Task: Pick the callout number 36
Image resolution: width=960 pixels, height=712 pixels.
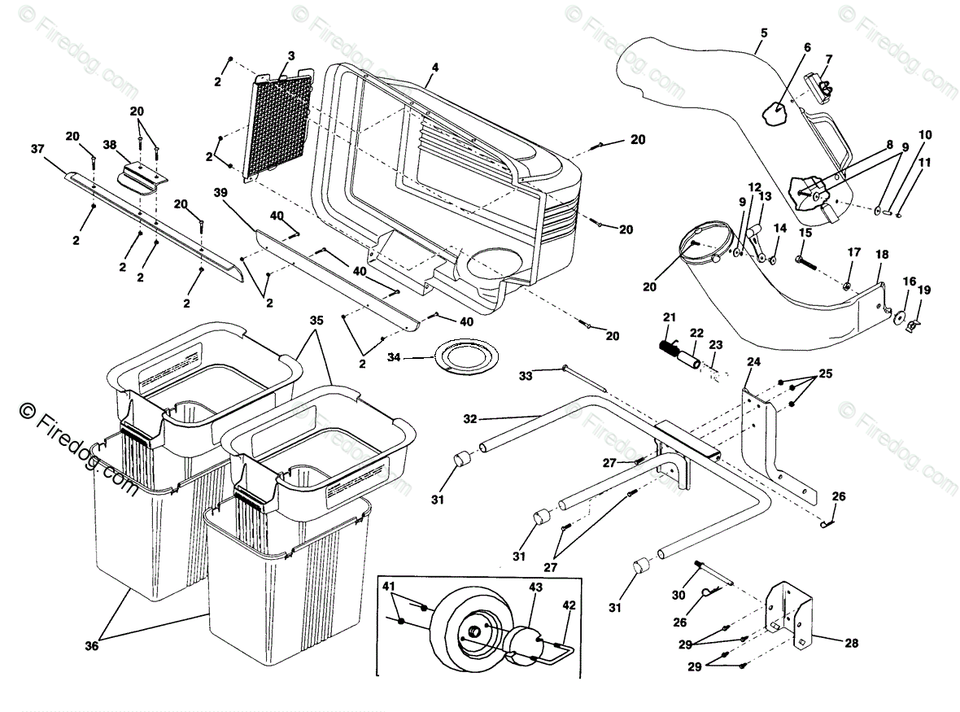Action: click(97, 646)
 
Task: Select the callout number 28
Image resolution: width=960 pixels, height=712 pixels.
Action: click(851, 643)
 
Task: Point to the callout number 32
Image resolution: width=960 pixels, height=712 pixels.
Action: click(469, 420)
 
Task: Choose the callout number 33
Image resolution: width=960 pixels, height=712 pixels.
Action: click(526, 375)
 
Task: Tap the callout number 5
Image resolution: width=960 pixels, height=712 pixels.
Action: click(763, 33)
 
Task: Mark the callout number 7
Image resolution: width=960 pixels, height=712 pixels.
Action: click(828, 59)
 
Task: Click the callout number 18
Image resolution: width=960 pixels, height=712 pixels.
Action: click(881, 255)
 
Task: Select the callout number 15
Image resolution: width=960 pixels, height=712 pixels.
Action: click(805, 233)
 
